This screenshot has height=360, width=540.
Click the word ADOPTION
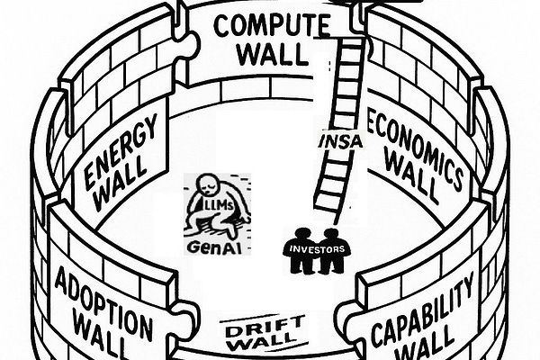tap(102, 294)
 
